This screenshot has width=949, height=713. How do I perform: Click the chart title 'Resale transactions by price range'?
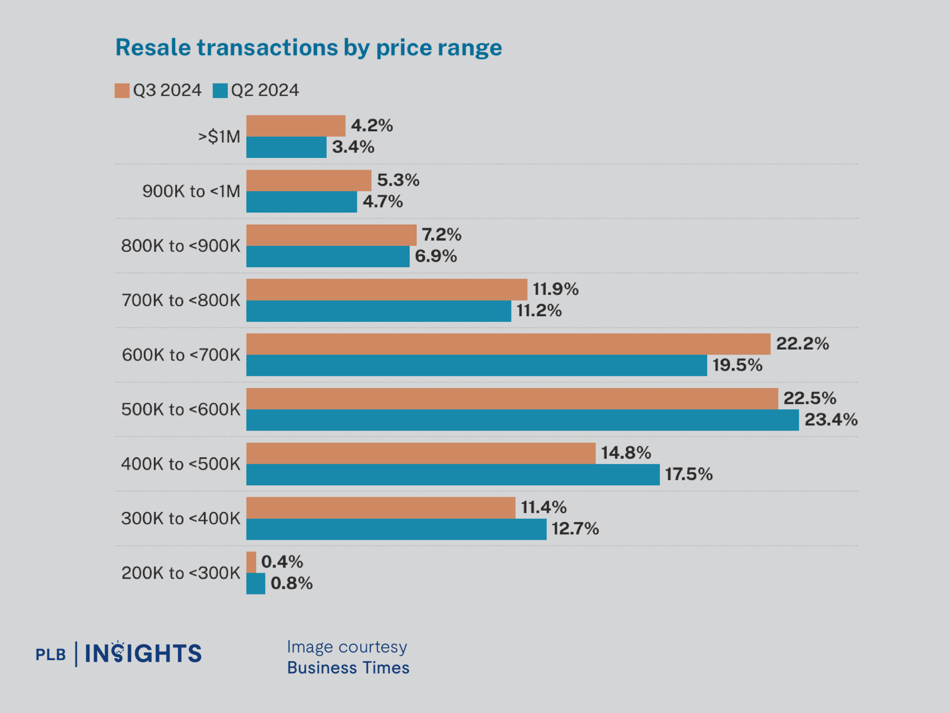(x=308, y=48)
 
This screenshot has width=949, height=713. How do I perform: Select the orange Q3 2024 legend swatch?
(x=122, y=90)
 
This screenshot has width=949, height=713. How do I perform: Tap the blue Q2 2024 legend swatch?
(x=220, y=90)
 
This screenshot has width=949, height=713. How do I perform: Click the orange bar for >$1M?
(x=296, y=126)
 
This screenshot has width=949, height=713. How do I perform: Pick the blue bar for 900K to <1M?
(x=301, y=202)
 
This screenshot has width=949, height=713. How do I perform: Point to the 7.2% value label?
(x=441, y=235)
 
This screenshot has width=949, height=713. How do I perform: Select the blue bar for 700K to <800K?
(x=378, y=311)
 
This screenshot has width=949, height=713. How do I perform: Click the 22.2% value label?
(x=802, y=344)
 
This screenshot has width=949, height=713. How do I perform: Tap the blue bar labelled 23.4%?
(x=522, y=420)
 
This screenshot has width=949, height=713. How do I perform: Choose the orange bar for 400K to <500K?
(x=420, y=453)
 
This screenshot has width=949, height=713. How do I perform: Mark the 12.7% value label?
(x=575, y=529)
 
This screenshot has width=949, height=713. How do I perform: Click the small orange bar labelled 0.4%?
(x=251, y=562)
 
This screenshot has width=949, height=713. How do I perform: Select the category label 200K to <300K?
(x=181, y=573)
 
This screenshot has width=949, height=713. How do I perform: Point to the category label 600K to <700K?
(x=181, y=355)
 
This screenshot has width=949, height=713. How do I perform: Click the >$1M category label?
(x=219, y=137)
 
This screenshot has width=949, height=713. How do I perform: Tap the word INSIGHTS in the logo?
(x=143, y=654)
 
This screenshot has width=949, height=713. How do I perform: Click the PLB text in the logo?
(x=51, y=655)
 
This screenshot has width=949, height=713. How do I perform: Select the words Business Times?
(x=348, y=668)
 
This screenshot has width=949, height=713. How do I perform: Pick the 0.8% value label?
(x=291, y=583)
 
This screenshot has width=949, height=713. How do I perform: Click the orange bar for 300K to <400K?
(x=380, y=508)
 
